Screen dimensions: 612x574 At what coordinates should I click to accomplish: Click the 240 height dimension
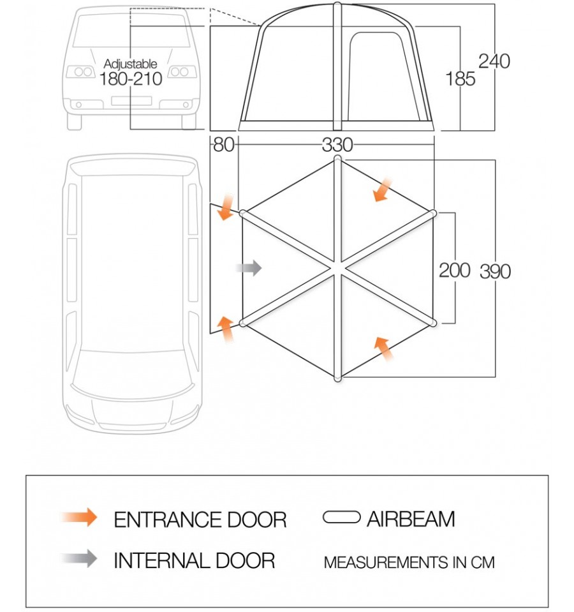(494, 61)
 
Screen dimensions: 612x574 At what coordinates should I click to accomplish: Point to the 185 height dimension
(460, 78)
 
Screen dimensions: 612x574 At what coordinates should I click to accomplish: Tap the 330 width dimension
(337, 145)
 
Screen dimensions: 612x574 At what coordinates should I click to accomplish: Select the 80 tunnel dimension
(223, 145)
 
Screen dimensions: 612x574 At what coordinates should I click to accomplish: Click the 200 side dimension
(454, 270)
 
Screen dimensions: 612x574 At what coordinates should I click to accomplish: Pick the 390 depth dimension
(495, 271)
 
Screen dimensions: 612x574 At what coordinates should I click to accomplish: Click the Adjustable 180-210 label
(130, 72)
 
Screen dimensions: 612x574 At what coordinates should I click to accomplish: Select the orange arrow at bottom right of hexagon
(383, 348)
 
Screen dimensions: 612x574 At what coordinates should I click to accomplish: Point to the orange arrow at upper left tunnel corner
(224, 209)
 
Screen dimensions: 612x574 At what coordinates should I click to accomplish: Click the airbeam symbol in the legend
(342, 518)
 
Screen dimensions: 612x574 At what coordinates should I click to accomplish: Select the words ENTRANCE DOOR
(200, 519)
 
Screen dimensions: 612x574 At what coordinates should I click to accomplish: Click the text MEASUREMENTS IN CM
(409, 562)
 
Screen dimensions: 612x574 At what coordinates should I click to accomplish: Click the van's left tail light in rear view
(82, 72)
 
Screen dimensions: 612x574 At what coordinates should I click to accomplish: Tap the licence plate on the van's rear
(131, 101)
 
